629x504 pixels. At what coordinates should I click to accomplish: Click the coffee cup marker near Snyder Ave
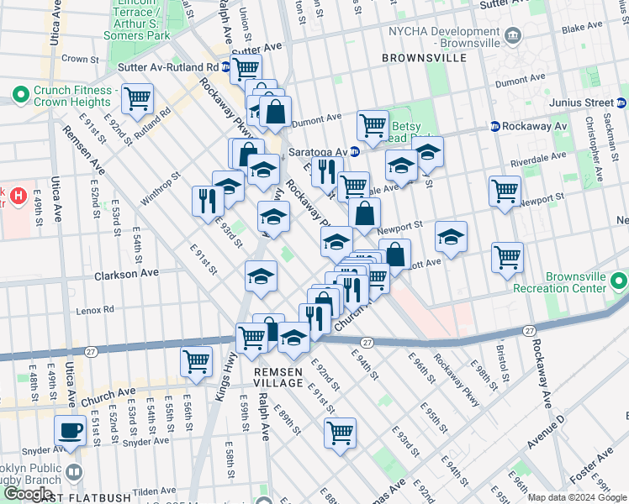71,431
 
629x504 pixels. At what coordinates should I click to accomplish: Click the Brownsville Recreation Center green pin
619,281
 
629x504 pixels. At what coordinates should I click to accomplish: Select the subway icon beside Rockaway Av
495,126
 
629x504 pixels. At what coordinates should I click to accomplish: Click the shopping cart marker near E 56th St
196,362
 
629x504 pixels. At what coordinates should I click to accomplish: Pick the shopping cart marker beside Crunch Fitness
137,98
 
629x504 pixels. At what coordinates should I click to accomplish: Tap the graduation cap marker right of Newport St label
452,238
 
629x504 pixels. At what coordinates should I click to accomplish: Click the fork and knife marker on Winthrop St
205,200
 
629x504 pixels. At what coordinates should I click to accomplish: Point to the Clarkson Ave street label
126,273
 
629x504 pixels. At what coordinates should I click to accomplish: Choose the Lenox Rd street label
94,309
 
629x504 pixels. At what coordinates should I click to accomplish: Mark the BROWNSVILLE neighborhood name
423,58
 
